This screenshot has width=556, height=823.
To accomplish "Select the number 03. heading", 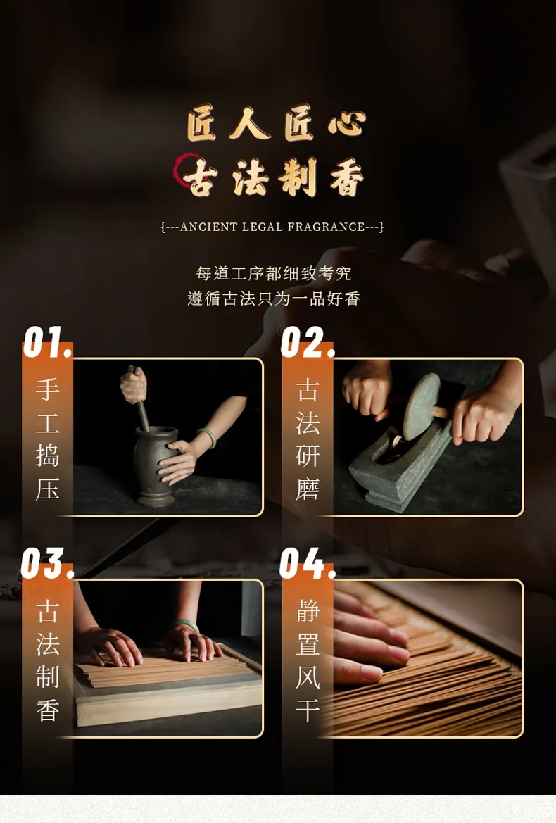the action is click(47, 563).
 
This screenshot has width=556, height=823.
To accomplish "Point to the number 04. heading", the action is click(308, 563).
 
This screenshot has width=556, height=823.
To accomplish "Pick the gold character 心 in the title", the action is click(346, 124).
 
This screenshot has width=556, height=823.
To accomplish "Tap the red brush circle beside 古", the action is click(184, 169).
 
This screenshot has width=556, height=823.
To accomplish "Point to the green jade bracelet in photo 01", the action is click(207, 437).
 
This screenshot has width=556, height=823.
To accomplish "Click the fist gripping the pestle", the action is click(133, 384).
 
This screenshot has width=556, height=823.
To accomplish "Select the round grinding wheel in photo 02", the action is click(421, 406).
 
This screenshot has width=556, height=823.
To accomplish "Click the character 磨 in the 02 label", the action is click(308, 490).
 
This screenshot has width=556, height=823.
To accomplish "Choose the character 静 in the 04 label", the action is click(308, 610).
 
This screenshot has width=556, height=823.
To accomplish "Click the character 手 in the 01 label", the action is click(47, 389).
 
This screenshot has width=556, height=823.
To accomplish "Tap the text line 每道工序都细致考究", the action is click(273, 273).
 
